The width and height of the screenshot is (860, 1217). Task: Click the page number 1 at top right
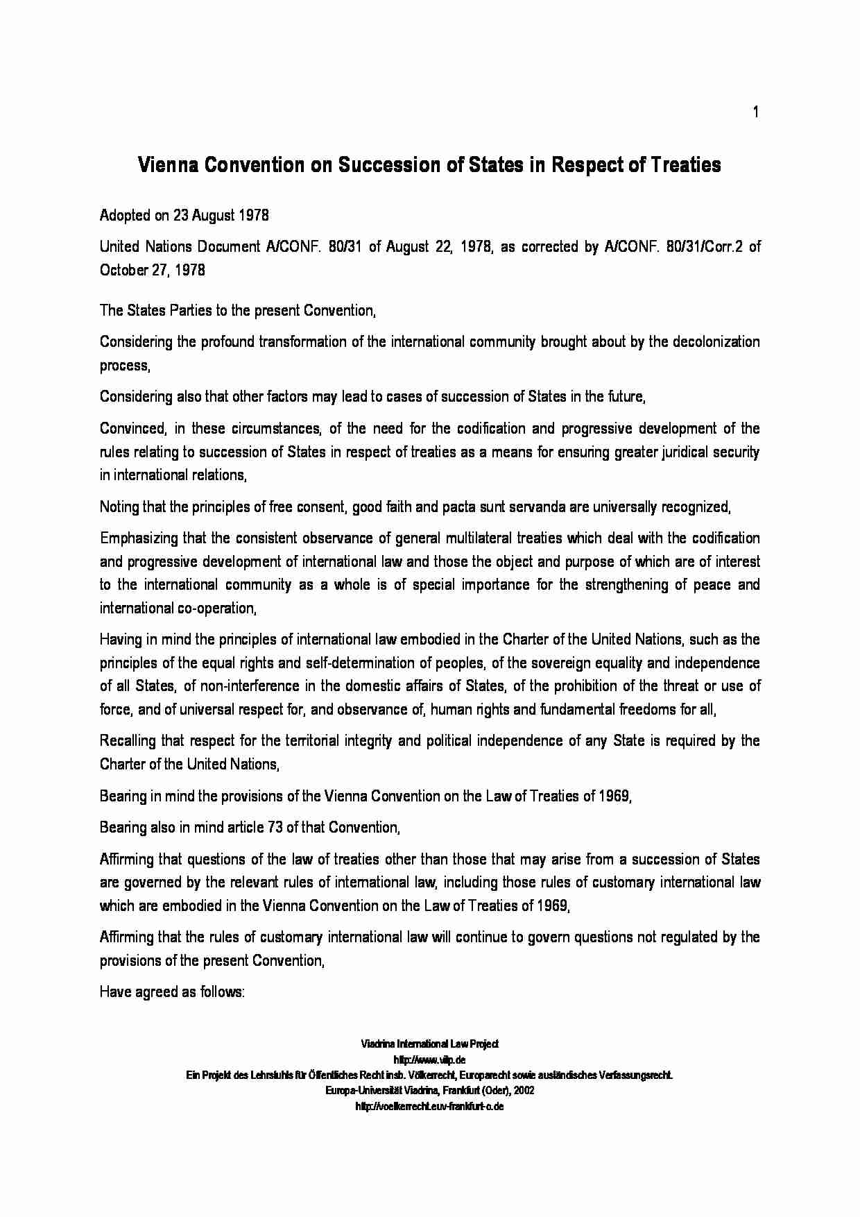click(x=756, y=112)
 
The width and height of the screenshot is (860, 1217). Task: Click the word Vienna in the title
click(x=163, y=165)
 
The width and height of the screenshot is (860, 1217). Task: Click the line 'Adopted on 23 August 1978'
click(x=184, y=215)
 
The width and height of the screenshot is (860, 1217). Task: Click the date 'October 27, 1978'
click(x=153, y=271)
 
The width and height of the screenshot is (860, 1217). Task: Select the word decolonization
click(x=706, y=342)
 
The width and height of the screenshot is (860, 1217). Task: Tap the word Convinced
click(x=131, y=429)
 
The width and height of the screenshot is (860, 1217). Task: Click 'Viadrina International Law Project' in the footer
click(x=429, y=1044)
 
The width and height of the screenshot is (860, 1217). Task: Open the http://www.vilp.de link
click(x=429, y=1060)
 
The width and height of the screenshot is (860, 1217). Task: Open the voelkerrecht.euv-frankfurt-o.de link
click(x=429, y=1107)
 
